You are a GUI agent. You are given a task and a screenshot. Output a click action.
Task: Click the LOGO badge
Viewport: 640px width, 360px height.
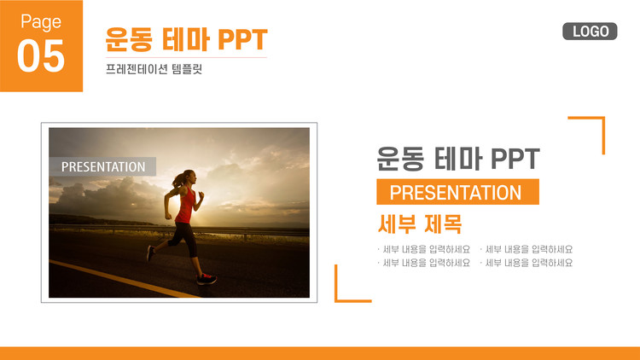pos(590,32)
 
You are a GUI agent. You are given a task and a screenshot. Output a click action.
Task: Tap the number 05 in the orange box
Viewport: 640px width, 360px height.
pos(41,56)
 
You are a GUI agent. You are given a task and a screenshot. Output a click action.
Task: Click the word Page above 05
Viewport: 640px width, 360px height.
pos(41,21)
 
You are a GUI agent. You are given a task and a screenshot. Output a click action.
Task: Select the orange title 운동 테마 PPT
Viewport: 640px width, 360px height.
pos(186,39)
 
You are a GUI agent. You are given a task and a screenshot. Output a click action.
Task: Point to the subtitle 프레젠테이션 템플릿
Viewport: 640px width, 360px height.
pos(154,69)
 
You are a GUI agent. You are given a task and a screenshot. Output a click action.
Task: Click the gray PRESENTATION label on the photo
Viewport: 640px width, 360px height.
pos(103,166)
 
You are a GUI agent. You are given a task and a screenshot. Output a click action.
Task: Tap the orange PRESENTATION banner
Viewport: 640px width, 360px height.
pos(457,192)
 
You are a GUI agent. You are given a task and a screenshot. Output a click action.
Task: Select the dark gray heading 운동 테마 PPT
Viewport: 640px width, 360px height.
pos(457,159)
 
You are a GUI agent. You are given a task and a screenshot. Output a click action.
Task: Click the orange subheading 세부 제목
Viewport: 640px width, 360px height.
pos(420,224)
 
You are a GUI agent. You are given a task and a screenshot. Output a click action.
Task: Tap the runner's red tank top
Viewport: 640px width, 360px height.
pos(186,206)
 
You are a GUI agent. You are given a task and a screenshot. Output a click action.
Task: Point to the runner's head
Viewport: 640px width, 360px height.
pos(189,177)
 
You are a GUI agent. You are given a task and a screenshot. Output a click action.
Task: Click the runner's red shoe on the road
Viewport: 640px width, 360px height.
pos(207,279)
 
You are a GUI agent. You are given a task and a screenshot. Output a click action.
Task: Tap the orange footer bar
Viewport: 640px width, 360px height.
pos(320,353)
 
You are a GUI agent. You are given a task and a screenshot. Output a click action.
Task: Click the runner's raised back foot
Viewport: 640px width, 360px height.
pos(150,253)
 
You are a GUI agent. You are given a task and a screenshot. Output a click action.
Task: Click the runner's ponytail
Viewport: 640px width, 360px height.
pos(178,180)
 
